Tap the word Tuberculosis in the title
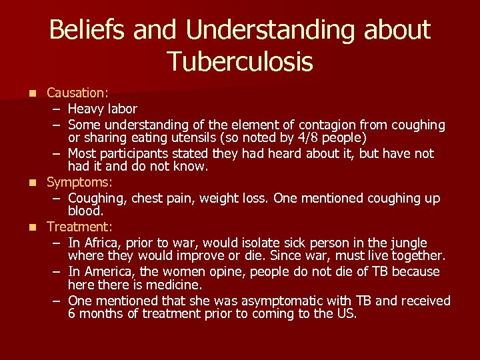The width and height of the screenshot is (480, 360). point(240,61)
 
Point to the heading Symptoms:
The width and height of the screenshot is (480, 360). point(79,182)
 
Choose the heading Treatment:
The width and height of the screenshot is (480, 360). point(78,227)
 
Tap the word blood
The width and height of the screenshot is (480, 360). point(85,211)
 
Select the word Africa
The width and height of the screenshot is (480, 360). point(100,242)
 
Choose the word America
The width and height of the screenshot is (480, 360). point(107,271)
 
